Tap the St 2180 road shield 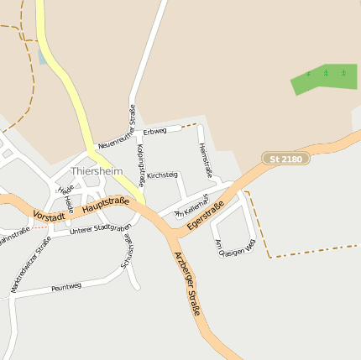(x=285, y=158)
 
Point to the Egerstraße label (x=206, y=217)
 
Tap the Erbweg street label (x=155, y=131)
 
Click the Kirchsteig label (x=162, y=175)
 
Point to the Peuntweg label (x=66, y=287)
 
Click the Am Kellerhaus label (x=189, y=210)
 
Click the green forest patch (x=322, y=79)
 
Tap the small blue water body (x=43, y=55)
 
